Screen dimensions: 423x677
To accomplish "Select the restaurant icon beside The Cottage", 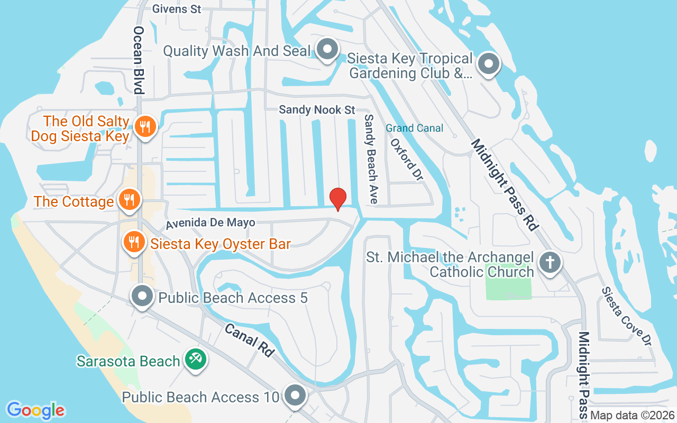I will click(128, 200).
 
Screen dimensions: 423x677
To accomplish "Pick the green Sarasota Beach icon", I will click(196, 360).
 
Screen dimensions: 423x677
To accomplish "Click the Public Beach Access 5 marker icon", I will click(142, 296).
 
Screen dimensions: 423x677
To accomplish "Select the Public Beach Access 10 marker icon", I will click(295, 396).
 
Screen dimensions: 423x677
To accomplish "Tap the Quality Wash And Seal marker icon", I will click(327, 50).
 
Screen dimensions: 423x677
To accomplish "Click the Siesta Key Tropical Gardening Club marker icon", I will click(489, 65).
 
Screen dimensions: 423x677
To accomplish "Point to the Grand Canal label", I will click(414, 128).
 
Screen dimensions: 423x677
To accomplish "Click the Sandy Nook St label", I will click(317, 110).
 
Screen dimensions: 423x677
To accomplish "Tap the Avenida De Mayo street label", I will click(210, 223).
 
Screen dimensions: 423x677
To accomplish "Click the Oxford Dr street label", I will click(407, 160).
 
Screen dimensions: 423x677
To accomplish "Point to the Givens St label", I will click(177, 9).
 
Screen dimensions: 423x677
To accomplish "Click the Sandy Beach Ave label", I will click(371, 159).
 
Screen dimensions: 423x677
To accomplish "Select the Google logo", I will click(35, 410).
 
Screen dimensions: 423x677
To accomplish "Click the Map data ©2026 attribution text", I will click(632, 416).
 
